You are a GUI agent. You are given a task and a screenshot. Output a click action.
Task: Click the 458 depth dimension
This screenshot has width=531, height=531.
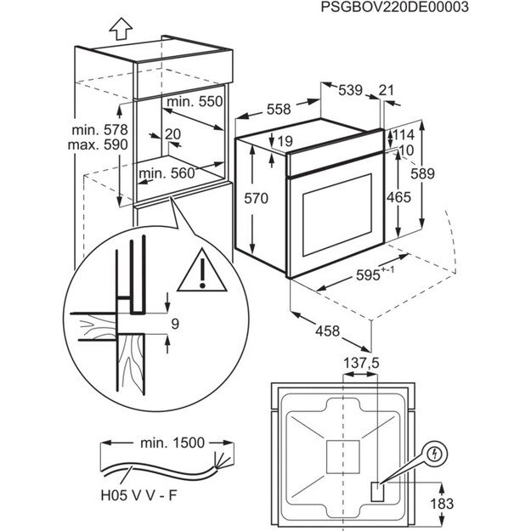coord(322,330)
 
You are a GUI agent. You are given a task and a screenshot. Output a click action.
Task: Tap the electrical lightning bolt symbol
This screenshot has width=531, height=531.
coord(435,455)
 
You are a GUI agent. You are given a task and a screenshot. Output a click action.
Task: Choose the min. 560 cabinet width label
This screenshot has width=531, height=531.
coord(167,173)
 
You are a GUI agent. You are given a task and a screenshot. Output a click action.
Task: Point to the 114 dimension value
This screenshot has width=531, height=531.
coord(404,135)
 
